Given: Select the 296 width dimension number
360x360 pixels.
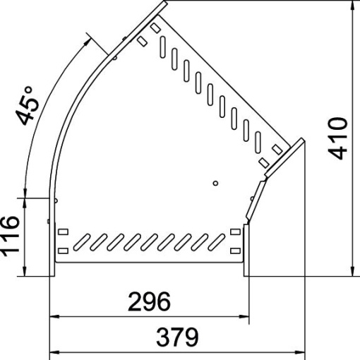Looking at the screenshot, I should (149, 301).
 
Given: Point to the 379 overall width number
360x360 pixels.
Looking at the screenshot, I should (176, 337).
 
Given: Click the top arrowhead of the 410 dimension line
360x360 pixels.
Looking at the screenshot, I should (352, 5).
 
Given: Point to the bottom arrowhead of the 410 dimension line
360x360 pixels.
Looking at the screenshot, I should (352, 271).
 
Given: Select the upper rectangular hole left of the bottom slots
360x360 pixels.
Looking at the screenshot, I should (62, 232).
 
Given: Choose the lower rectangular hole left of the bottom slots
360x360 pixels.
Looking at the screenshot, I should (62, 250).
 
